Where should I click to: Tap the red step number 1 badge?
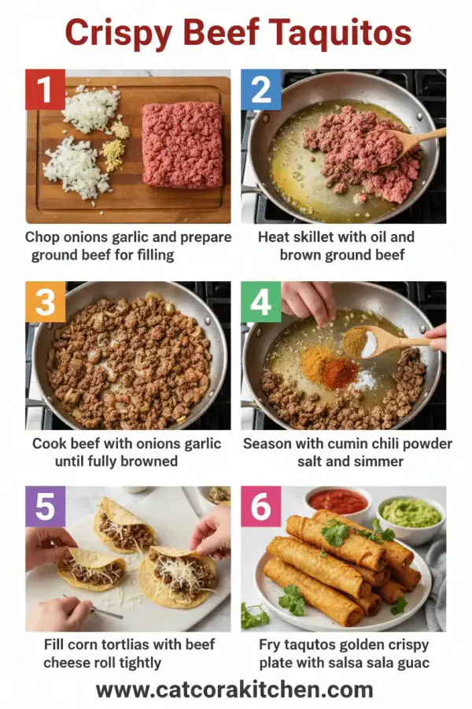[45, 89]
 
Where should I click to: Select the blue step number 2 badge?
[260, 89]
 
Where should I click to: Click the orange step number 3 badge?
[45, 302]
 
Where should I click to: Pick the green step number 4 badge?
[260, 302]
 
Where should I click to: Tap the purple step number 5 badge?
[45, 507]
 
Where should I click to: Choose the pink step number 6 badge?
[260, 507]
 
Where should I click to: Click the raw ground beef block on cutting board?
[181, 144]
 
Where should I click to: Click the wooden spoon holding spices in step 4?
[378, 340]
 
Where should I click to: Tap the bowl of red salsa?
[338, 501]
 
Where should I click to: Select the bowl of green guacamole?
[410, 513]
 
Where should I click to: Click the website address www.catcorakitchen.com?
[234, 690]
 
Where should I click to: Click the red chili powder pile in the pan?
[339, 373]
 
